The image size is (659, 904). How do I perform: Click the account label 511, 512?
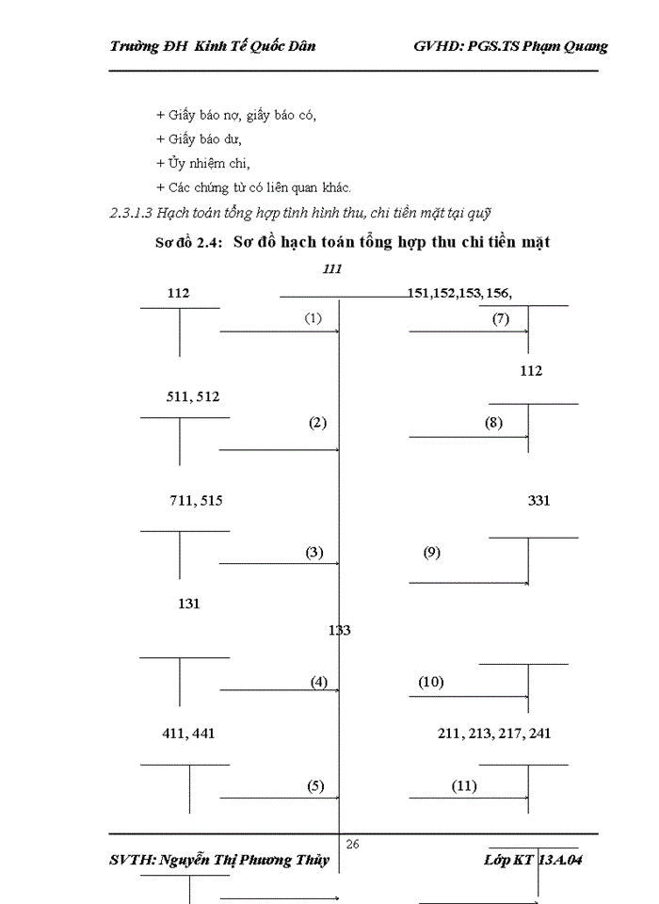point(193,396)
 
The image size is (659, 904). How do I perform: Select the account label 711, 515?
point(196,501)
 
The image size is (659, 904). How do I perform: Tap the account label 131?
point(188,604)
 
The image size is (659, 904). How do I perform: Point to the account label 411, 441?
point(189,733)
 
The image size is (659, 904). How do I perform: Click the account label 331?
point(538,501)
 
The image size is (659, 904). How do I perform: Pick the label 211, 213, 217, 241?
point(494,733)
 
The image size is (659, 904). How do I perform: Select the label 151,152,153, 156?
point(459,293)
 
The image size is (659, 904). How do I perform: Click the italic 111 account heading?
point(331,269)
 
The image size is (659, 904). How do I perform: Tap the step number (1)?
point(313,318)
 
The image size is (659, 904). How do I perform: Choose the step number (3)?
point(314,553)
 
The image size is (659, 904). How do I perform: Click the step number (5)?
point(314,785)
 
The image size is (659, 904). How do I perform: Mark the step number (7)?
point(500,318)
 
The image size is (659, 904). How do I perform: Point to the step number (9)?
point(431,553)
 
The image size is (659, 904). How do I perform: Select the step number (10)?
point(430,682)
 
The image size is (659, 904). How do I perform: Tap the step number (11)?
point(463,785)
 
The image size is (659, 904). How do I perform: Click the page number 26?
point(353,845)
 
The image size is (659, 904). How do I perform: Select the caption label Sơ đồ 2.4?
point(189,242)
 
